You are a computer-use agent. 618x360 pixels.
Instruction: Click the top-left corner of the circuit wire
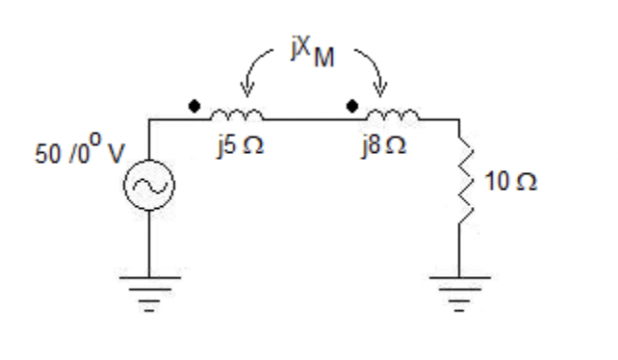pyautogui.click(x=150, y=119)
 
